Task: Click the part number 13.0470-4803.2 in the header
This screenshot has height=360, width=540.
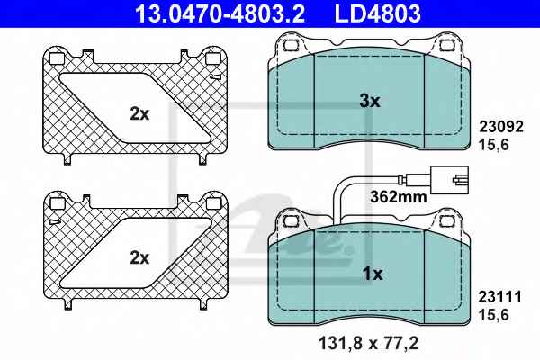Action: click(x=220, y=13)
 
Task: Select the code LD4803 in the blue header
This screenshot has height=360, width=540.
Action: click(x=377, y=13)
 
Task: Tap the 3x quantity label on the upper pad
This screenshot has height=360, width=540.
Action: click(x=370, y=102)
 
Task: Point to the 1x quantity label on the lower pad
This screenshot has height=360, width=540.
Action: click(x=373, y=274)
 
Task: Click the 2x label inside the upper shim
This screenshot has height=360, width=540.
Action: click(x=139, y=113)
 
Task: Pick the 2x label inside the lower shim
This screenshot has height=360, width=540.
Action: click(x=139, y=257)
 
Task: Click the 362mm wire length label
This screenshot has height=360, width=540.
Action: click(x=399, y=197)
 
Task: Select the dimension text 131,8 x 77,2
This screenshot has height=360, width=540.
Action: click(x=368, y=344)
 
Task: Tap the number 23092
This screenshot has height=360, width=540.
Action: click(x=501, y=127)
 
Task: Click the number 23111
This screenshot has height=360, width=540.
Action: click(x=500, y=297)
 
